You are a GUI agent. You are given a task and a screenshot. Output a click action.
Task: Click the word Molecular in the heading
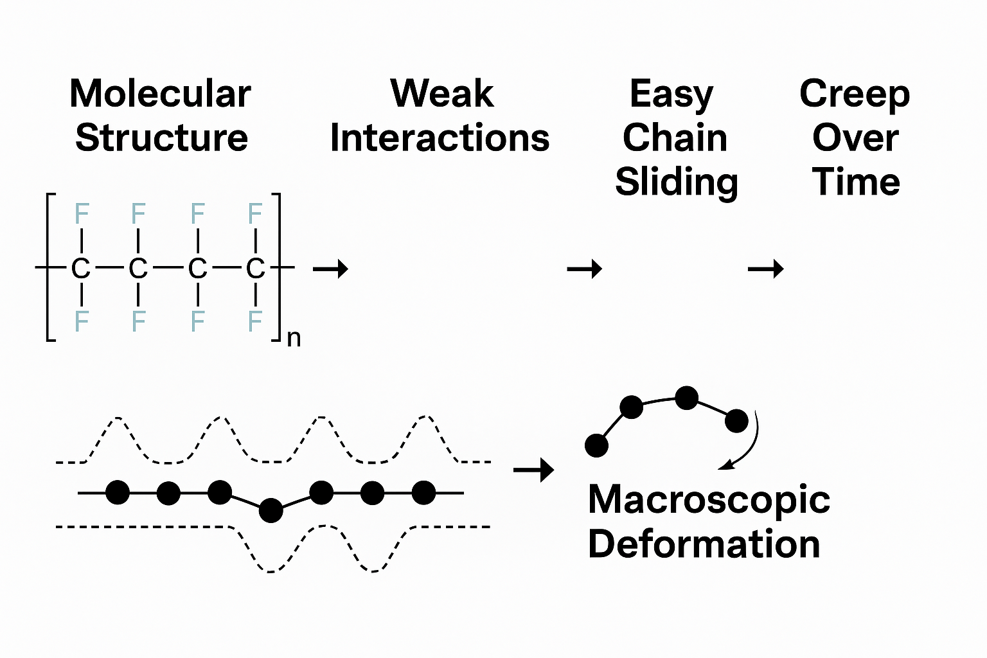[x=160, y=94]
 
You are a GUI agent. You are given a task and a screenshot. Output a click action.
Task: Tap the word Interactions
[x=440, y=138]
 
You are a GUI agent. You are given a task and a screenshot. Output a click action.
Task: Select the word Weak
[x=442, y=94]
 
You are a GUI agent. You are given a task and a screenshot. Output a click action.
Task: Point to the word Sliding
[x=676, y=182]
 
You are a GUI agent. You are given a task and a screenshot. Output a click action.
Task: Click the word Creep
[x=855, y=94]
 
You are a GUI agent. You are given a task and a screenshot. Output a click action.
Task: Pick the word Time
[x=856, y=182]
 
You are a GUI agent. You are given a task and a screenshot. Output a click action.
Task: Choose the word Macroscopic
[x=709, y=500]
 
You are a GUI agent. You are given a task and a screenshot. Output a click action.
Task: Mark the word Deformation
[x=704, y=544]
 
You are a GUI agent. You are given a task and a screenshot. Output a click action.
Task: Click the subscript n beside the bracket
[x=294, y=338]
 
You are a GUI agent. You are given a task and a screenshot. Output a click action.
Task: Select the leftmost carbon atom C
[x=80, y=269]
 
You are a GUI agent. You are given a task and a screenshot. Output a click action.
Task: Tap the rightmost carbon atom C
[x=255, y=269]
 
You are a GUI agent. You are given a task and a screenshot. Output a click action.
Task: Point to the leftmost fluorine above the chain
[x=82, y=213]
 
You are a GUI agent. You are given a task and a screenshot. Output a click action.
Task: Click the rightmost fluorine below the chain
[x=255, y=321]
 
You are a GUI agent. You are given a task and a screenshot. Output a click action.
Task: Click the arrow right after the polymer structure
[x=330, y=268]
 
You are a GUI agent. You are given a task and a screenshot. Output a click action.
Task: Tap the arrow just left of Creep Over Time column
[x=765, y=268]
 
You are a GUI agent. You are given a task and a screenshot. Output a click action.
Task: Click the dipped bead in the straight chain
[x=271, y=510]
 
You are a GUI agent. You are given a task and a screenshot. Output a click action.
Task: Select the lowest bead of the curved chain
[x=596, y=445]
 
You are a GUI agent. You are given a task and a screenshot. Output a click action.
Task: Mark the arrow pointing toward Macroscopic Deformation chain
[x=533, y=470]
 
